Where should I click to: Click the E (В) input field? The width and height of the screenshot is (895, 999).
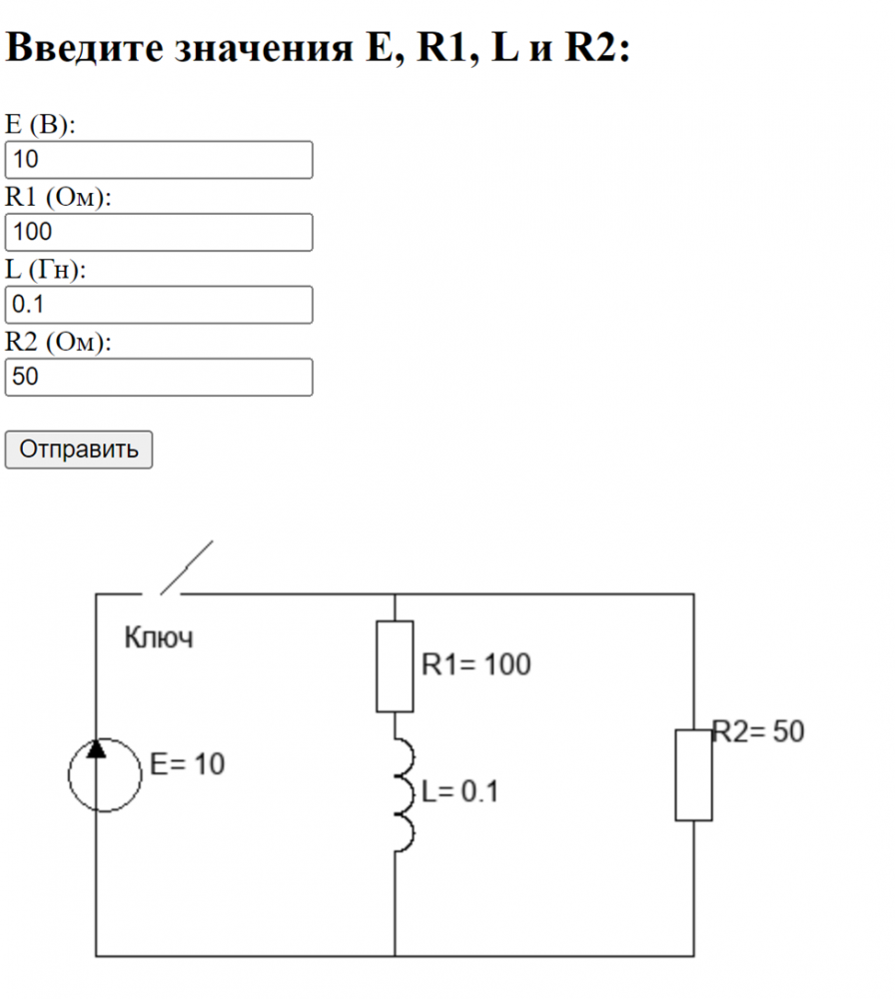pyautogui.click(x=159, y=160)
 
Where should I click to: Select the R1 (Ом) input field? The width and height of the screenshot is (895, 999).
pyautogui.click(x=159, y=233)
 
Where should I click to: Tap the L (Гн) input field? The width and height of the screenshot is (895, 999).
pyautogui.click(x=159, y=305)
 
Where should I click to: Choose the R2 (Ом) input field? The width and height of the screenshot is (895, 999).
pyautogui.click(x=159, y=378)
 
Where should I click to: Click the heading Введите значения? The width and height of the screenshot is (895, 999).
pyautogui.click(x=318, y=48)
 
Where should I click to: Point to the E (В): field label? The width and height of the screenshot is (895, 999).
pyautogui.click(x=41, y=124)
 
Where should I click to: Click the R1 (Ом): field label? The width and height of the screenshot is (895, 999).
pyautogui.click(x=58, y=197)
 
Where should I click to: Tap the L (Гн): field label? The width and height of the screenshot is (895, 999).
pyautogui.click(x=46, y=270)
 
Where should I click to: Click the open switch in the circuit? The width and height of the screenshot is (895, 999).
pyautogui.click(x=180, y=571)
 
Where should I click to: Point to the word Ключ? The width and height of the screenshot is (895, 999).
pyautogui.click(x=159, y=637)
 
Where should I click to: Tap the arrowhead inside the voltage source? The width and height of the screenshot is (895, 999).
pyautogui.click(x=96, y=749)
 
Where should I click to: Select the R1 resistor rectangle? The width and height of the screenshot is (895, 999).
pyautogui.click(x=395, y=665)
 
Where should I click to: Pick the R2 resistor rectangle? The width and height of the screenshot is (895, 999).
pyautogui.click(x=693, y=775)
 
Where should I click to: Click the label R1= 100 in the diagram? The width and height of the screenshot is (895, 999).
pyautogui.click(x=476, y=664)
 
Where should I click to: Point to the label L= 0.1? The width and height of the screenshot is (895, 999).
pyautogui.click(x=459, y=793)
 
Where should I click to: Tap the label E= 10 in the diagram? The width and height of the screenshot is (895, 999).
pyautogui.click(x=188, y=765)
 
